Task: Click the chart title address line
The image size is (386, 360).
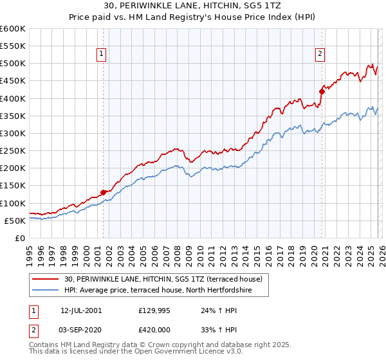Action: click(x=192, y=6)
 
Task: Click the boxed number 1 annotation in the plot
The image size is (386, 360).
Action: click(x=102, y=55)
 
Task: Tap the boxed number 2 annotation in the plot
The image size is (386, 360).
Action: click(x=320, y=55)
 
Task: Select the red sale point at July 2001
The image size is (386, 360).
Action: click(x=103, y=192)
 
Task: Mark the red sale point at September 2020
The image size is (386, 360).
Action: click(x=322, y=91)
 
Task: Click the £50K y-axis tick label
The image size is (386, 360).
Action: click(x=14, y=221)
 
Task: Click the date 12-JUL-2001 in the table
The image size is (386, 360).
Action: click(x=81, y=310)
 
